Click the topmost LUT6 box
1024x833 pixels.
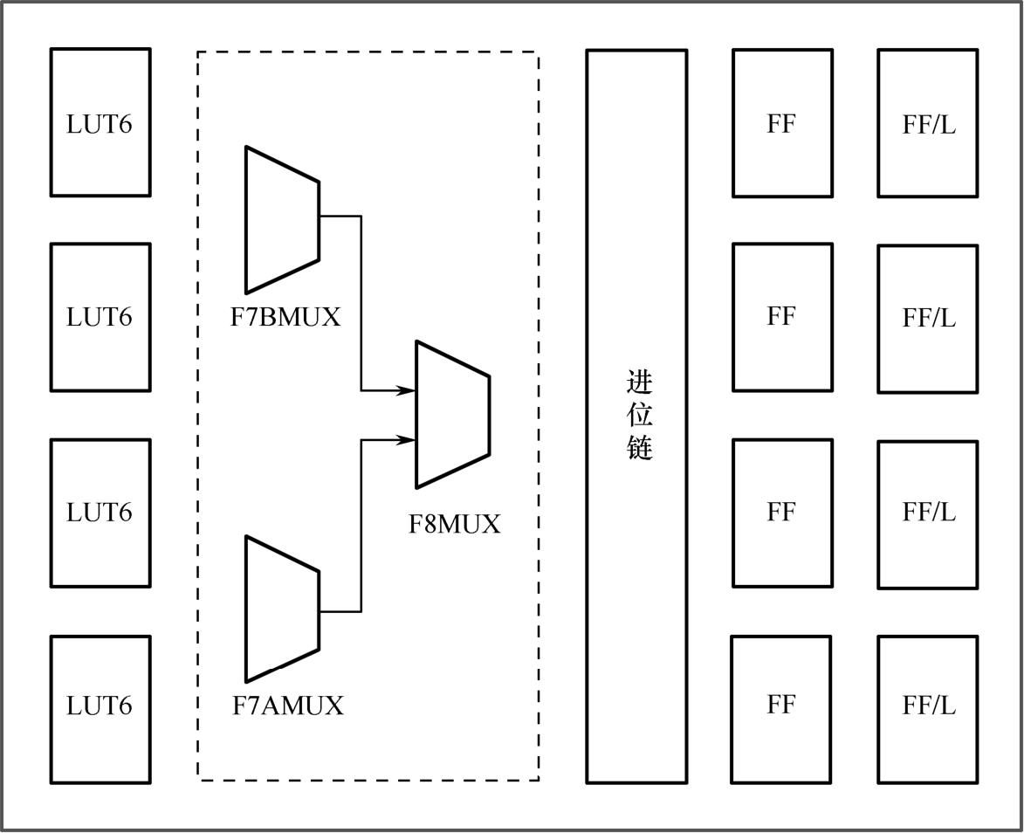(x=100, y=122)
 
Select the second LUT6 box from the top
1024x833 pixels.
(x=100, y=317)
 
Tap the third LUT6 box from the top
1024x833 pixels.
(x=100, y=513)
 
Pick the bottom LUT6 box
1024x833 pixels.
(x=100, y=709)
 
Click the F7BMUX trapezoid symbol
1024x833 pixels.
(x=281, y=219)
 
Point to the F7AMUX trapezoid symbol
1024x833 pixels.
(x=281, y=609)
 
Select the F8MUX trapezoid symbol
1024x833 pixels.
(x=451, y=414)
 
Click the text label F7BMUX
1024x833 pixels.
(x=285, y=317)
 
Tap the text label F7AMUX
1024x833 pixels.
(x=288, y=706)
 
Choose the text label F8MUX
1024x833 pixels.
(x=455, y=525)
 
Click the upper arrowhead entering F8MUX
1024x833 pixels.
(x=406, y=390)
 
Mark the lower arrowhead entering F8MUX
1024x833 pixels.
(x=406, y=440)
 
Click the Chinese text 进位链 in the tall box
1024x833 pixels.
(x=639, y=416)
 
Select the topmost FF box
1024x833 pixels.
(x=782, y=123)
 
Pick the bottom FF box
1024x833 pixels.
(x=781, y=709)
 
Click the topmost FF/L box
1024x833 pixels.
(x=928, y=123)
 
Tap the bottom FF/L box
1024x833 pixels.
(x=928, y=709)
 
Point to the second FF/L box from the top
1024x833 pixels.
(x=928, y=319)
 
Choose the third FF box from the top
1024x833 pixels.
(x=782, y=513)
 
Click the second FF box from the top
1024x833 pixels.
(x=782, y=317)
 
